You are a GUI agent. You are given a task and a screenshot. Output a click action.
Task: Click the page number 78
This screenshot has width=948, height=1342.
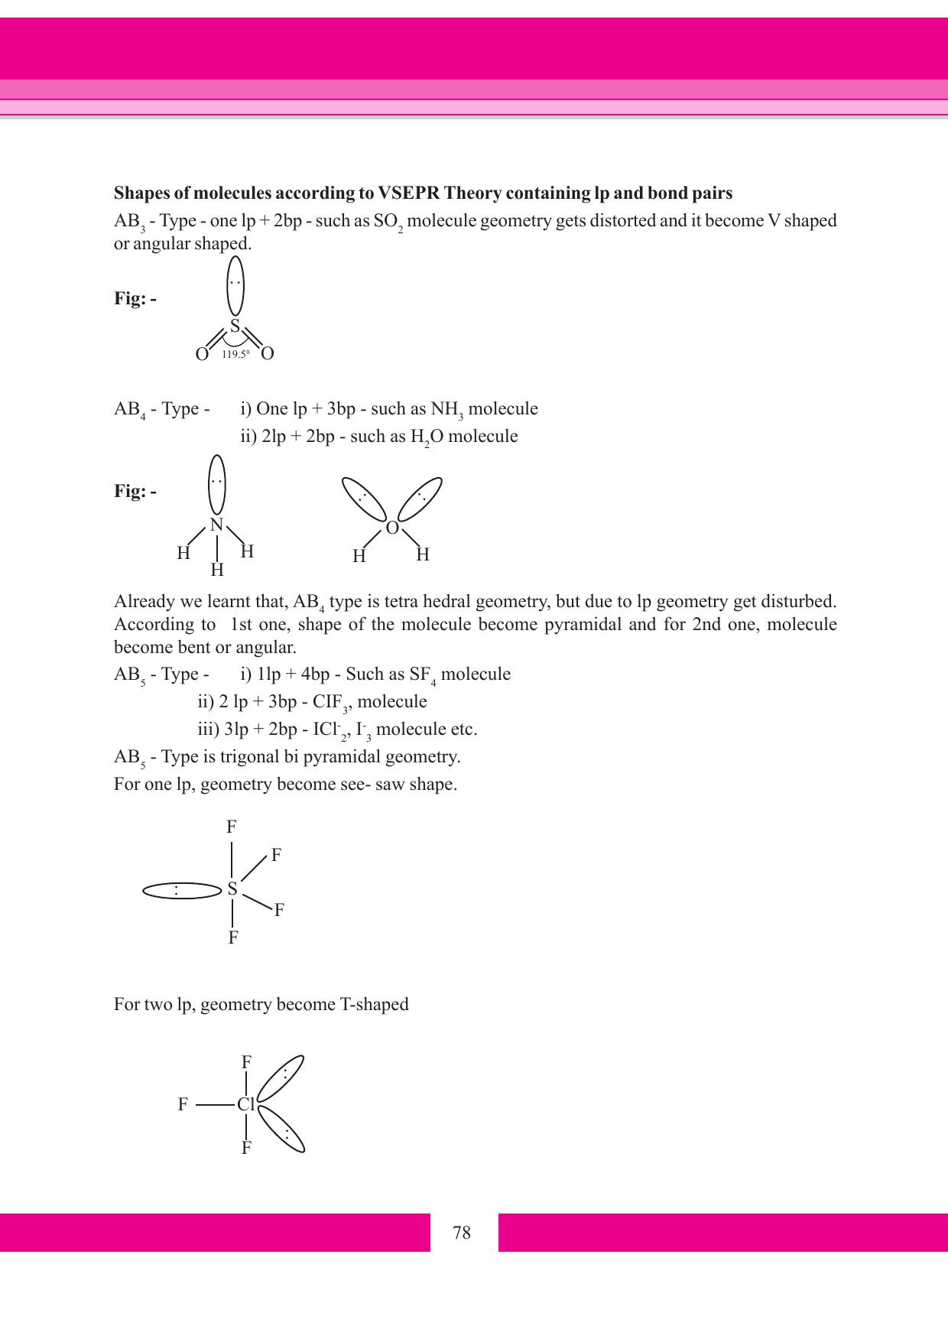[x=462, y=1233]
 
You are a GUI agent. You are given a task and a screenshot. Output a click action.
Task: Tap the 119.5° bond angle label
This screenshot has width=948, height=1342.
[x=235, y=354]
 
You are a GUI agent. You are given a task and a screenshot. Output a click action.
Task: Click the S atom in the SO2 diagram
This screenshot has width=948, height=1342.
[x=235, y=327]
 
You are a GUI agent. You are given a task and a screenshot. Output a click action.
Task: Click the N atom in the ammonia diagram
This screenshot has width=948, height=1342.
[x=216, y=525]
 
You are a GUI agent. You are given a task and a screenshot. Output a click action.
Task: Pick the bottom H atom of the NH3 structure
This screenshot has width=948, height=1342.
[x=217, y=570]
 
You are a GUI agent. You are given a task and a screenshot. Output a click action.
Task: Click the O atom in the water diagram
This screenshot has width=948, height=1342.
[x=392, y=528]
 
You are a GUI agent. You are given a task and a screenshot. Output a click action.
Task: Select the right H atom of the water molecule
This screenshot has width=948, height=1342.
[x=423, y=554]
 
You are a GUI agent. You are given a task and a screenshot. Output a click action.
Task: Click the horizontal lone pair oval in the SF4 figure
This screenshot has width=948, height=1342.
[x=181, y=890]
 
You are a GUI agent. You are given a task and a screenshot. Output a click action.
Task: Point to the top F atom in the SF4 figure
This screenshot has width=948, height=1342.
[x=231, y=827]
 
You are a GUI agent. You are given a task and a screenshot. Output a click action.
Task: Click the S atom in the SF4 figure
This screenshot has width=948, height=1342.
[x=232, y=889]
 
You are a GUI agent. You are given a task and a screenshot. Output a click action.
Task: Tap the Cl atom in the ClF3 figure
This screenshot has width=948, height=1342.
[x=245, y=1105]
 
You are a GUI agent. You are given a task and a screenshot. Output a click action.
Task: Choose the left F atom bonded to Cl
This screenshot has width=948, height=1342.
[x=183, y=1104]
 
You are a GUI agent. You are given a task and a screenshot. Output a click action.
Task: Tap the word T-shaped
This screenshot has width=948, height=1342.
[x=374, y=1004]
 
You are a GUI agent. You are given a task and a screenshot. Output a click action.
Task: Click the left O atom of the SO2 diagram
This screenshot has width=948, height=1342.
[x=202, y=354]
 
